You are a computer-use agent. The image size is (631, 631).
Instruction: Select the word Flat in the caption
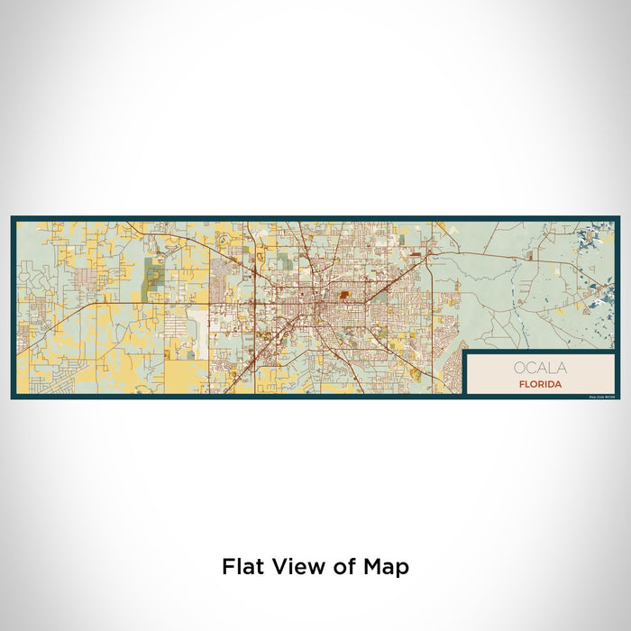click(x=242, y=567)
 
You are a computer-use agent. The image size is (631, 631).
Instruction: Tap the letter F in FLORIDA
click(x=520, y=384)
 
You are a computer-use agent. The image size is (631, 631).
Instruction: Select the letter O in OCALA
click(x=519, y=368)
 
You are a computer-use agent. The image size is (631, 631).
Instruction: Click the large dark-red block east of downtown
click(x=344, y=293)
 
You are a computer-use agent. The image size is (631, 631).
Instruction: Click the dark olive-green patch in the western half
click(x=152, y=270)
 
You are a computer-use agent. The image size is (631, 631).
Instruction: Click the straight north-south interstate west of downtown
click(x=255, y=315)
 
